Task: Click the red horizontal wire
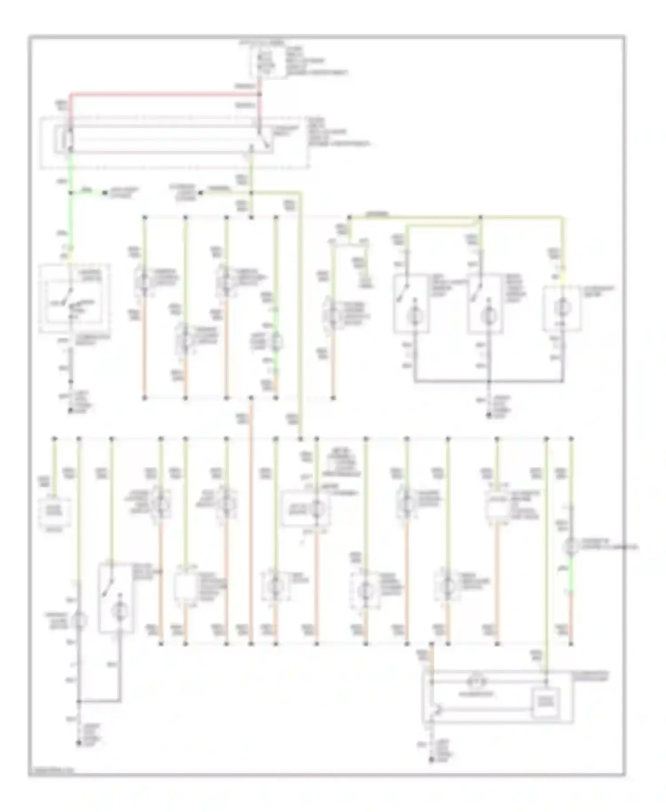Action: click(164, 94)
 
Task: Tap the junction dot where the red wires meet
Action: click(260, 94)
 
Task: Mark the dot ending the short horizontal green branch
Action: click(105, 193)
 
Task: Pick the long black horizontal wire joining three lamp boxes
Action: click(488, 381)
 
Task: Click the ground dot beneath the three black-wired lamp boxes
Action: click(489, 416)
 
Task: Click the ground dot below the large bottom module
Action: click(431, 760)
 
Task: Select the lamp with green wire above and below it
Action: click(276, 341)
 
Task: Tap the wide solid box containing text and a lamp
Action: click(305, 508)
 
